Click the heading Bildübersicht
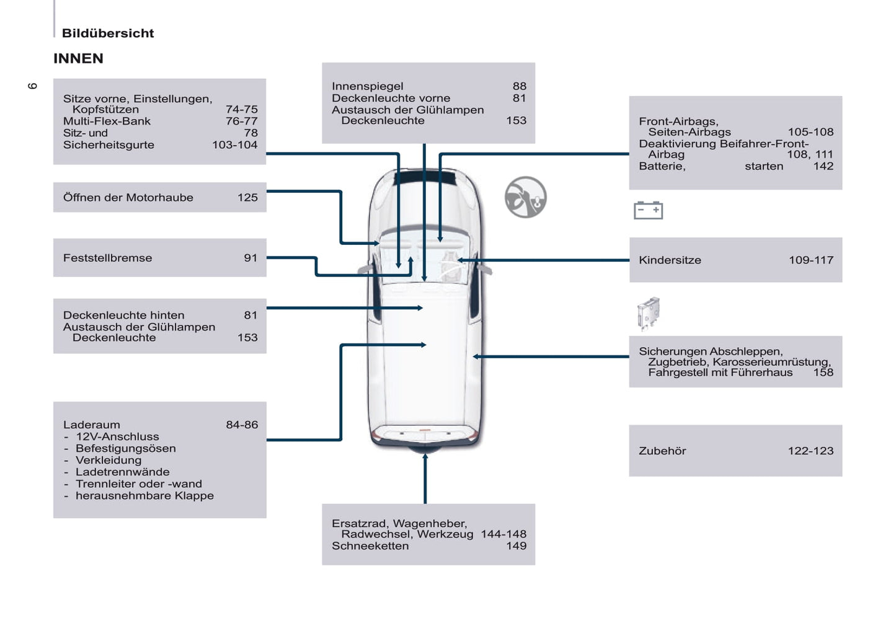108,33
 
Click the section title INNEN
78,58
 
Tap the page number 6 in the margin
33,86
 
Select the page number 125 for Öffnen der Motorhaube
247,197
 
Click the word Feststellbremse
107,258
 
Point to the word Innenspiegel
367,86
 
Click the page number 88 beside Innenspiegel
519,86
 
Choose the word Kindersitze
670,260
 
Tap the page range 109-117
810,260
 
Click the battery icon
648,210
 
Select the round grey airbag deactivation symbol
525,197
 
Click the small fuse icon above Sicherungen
648,313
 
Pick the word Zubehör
662,451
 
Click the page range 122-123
810,451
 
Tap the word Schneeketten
370,546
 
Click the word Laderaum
91,425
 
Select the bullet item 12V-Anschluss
117,436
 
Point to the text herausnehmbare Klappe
144,495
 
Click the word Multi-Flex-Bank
107,121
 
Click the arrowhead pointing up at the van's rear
425,457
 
